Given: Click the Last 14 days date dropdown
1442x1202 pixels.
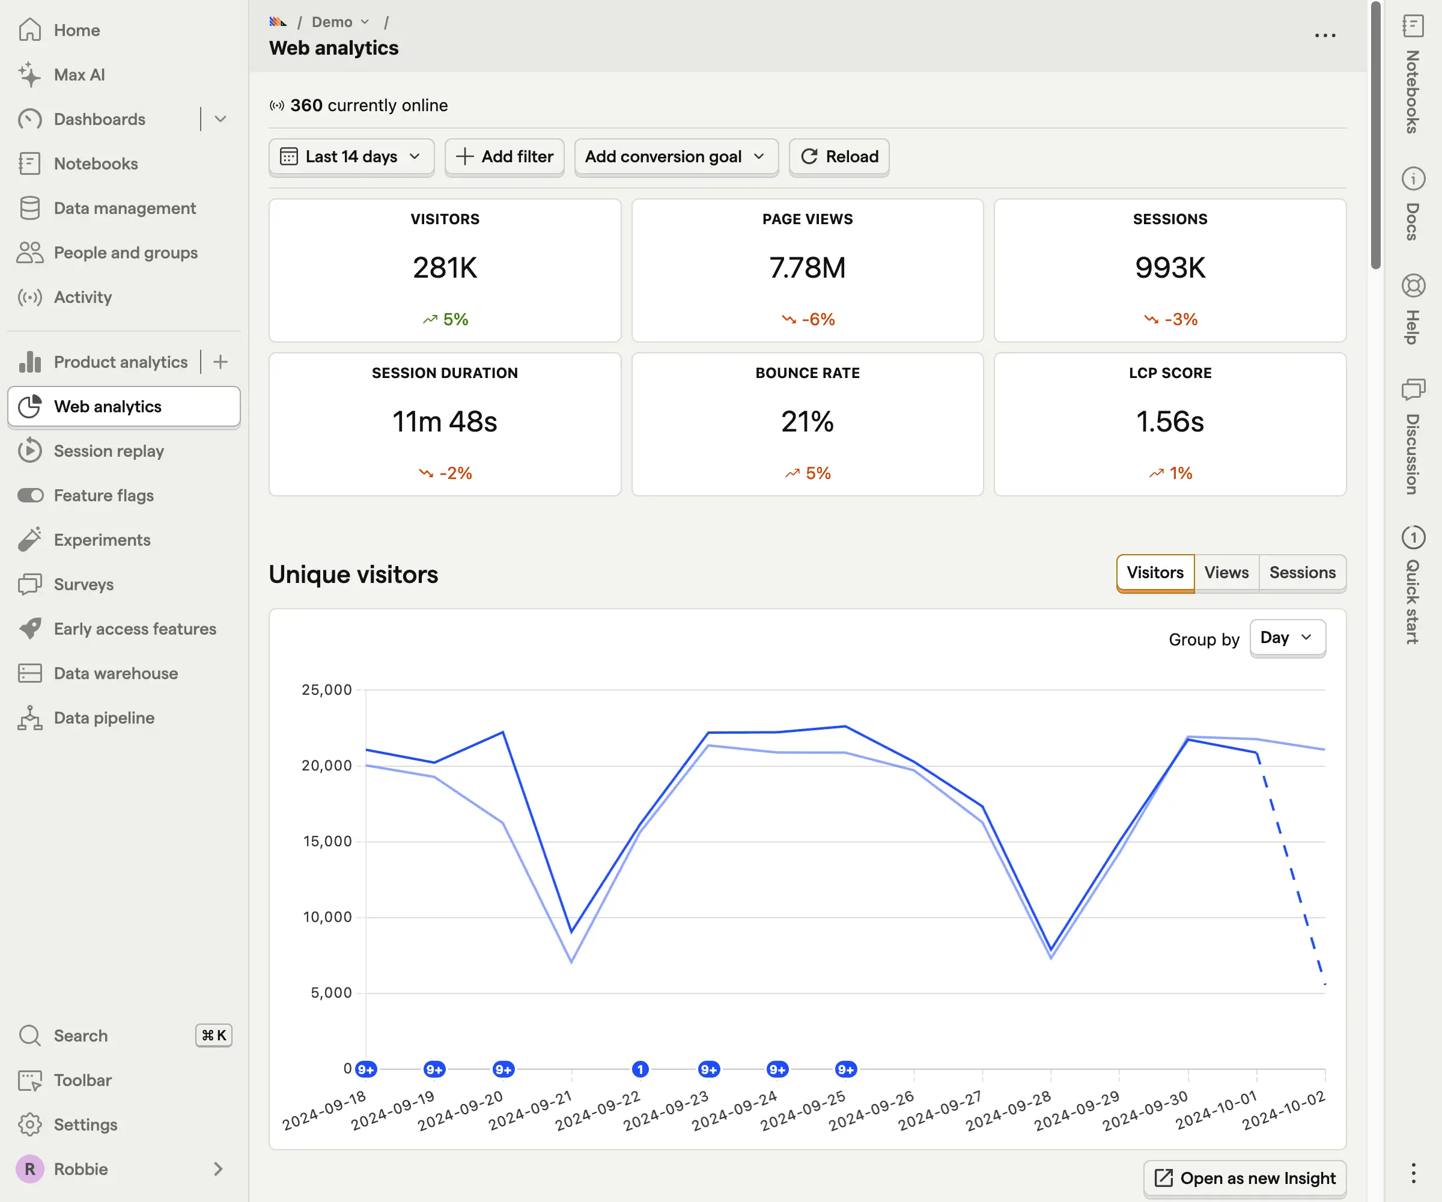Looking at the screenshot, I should [x=351, y=157].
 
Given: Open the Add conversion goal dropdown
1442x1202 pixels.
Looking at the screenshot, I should [x=676, y=157].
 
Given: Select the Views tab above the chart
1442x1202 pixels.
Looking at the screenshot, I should [x=1226, y=572].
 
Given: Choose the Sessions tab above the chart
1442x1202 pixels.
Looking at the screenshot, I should [x=1301, y=572].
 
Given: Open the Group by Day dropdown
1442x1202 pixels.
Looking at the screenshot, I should [x=1287, y=638].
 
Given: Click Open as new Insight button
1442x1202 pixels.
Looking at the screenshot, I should [x=1244, y=1178].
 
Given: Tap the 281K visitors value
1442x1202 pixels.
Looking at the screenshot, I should [x=445, y=267].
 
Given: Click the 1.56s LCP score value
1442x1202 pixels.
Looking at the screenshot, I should [x=1169, y=421].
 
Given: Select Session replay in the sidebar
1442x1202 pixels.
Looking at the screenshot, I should [x=109, y=451].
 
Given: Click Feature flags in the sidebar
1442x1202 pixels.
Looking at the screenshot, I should [x=104, y=495].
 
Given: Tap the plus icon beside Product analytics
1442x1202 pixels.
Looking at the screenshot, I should [x=221, y=362].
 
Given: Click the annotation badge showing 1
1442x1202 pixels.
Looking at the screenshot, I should [x=640, y=1069].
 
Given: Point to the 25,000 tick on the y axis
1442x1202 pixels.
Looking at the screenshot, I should [x=327, y=689].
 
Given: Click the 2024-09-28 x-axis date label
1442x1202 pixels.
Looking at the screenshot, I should [x=1009, y=1110].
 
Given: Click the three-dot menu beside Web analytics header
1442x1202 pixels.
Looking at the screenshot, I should [x=1325, y=35].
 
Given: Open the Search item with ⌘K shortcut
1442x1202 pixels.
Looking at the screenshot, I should [x=81, y=1035].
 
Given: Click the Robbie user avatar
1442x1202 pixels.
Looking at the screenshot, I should [x=30, y=1168].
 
